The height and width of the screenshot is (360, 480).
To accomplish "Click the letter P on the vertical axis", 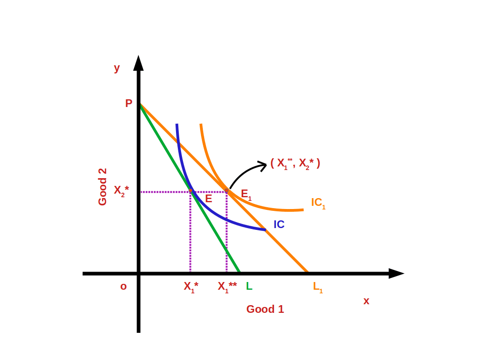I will click(129, 103).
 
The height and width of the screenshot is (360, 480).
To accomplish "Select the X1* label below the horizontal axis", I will click(191, 287).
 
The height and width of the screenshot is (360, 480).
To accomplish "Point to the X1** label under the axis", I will click(227, 287).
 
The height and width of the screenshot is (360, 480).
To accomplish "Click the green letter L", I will click(249, 286).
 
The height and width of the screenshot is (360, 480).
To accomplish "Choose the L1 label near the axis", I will click(318, 287).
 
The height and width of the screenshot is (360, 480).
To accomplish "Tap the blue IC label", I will click(279, 224).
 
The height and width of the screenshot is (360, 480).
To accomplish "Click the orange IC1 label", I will click(318, 203).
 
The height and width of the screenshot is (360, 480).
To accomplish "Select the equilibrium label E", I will click(209, 198).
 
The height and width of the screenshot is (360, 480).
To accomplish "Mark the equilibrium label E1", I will click(246, 195).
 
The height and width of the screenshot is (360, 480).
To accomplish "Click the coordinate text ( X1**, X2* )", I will click(295, 163).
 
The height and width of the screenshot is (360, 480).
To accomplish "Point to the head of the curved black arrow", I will click(263, 165).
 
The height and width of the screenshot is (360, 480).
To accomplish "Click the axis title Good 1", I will click(265, 309).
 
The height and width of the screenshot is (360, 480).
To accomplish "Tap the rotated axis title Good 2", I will click(103, 187).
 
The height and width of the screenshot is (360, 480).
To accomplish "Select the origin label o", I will click(123, 287).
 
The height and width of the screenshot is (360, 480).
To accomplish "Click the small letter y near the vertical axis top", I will click(117, 68).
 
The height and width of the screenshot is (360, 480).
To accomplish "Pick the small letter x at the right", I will click(366, 301).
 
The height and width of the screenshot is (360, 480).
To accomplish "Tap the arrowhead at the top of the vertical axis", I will click(138, 63).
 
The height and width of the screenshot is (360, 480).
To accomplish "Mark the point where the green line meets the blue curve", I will click(191, 192).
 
